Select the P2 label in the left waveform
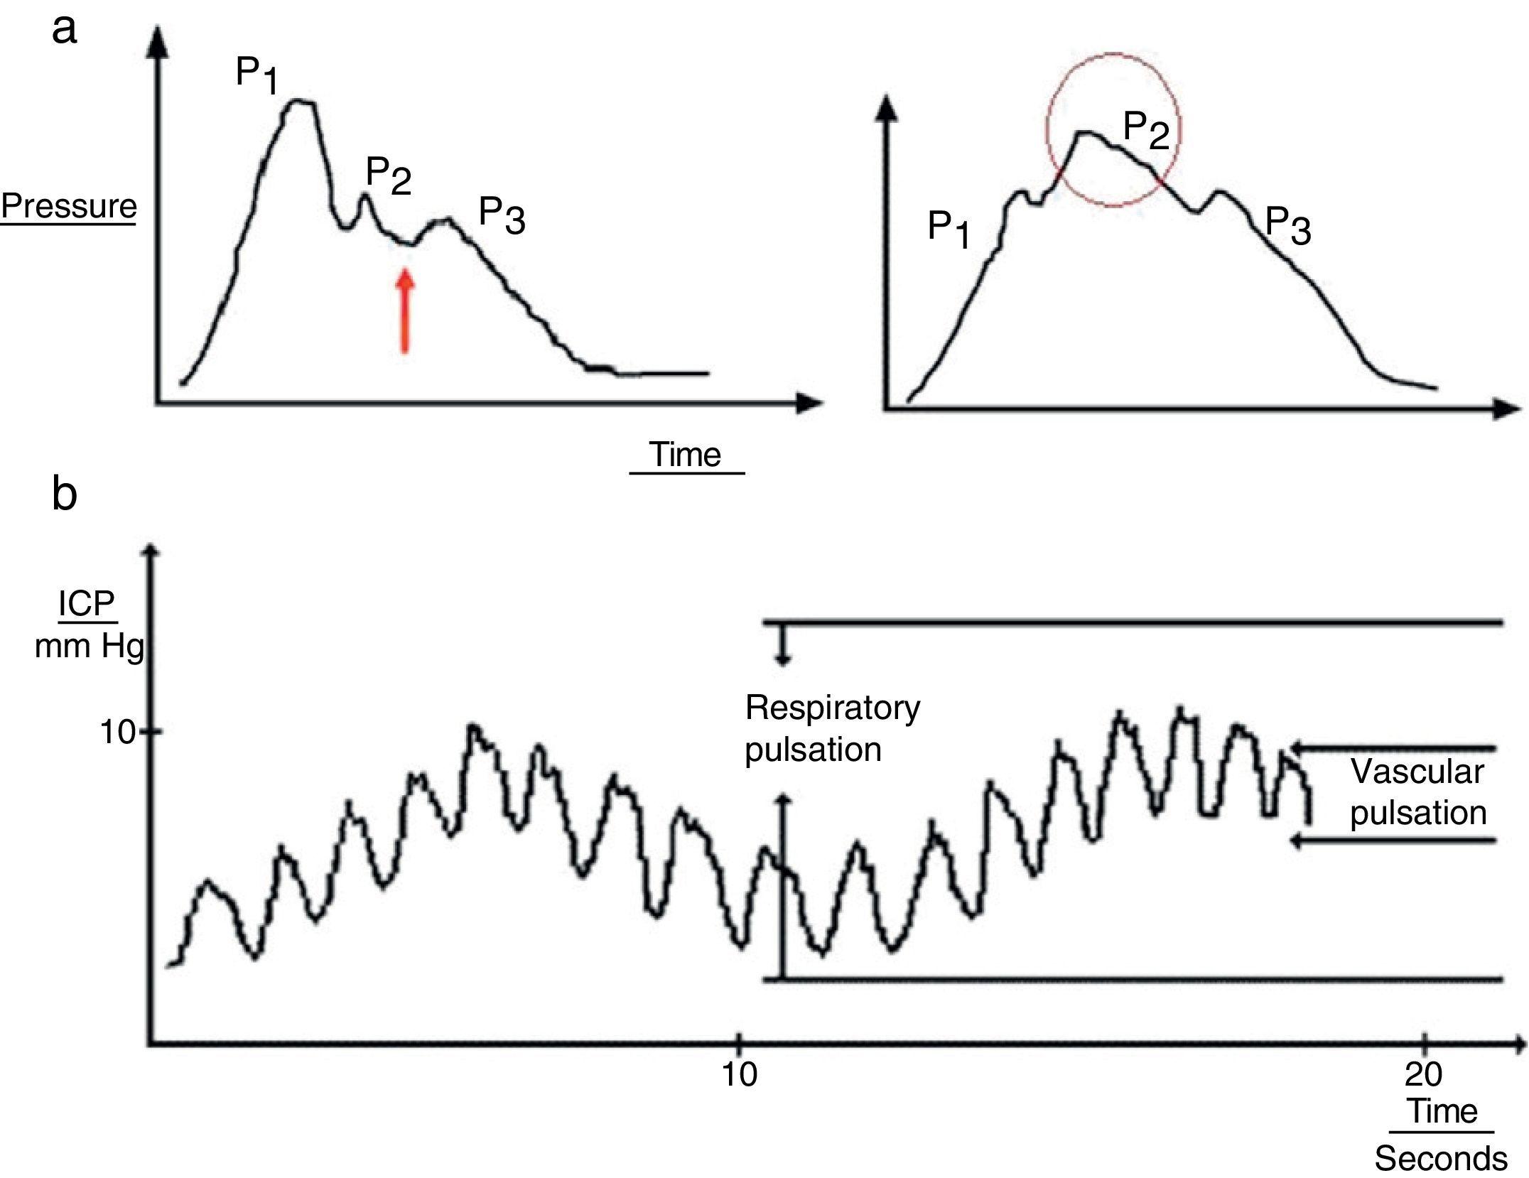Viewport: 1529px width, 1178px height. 388,175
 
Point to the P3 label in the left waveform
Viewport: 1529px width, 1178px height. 502,215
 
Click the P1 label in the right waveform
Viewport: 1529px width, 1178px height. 949,230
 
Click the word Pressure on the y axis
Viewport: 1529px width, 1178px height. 68,206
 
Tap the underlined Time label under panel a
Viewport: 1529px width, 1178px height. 686,455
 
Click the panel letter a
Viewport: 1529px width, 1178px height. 64,30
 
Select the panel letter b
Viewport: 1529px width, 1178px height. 64,493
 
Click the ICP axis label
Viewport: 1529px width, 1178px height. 86,604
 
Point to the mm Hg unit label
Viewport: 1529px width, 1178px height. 90,647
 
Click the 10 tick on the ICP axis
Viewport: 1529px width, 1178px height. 117,732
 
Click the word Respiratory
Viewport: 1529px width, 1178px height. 833,708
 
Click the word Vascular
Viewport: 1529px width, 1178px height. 1417,772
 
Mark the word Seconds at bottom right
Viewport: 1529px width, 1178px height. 1441,1159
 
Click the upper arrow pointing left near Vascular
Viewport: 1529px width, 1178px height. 1393,748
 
